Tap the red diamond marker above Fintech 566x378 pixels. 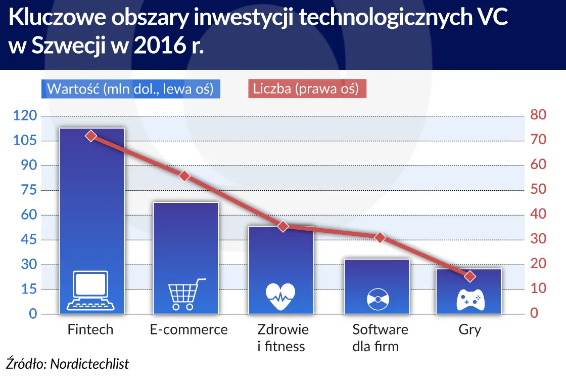[91, 136]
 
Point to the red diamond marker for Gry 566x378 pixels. [470, 276]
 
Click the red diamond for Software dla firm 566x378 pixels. [381, 238]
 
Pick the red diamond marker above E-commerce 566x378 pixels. [184, 176]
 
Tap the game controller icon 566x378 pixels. [470, 300]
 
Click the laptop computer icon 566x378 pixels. [91, 290]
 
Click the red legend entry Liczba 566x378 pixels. [306, 89]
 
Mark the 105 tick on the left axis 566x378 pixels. [25, 141]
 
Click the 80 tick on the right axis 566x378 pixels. [539, 116]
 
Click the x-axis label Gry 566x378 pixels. [470, 330]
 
